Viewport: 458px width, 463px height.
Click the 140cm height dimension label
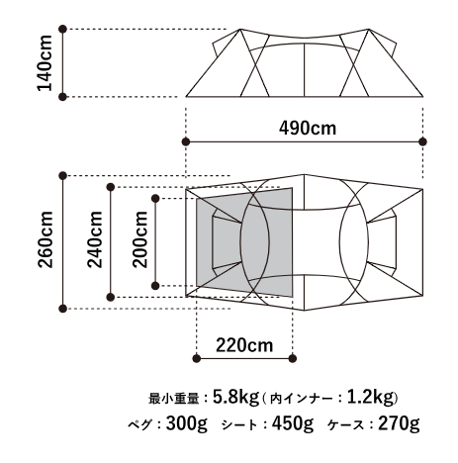pos(45,62)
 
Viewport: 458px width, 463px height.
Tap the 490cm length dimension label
pos(308,129)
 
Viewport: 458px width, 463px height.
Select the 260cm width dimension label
pos(46,239)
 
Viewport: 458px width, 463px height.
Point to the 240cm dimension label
pos(95,239)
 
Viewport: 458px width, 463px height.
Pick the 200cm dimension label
pos(139,239)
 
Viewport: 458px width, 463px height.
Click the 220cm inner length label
pos(244,345)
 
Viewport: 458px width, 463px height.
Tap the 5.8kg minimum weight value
pos(235,398)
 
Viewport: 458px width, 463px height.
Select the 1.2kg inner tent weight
pos(371,398)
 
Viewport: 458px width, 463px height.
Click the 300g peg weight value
pos(187,423)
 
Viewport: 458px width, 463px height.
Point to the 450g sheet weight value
pos(293,423)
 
